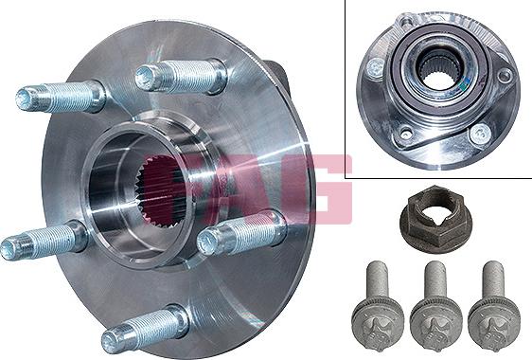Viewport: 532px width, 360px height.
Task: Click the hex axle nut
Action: pyautogui.click(x=436, y=214)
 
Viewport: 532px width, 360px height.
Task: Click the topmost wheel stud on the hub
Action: pyautogui.click(x=181, y=77)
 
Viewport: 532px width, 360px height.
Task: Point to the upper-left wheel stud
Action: pyautogui.click(x=61, y=97)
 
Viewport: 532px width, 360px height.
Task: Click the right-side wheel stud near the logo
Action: pyautogui.click(x=241, y=232)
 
